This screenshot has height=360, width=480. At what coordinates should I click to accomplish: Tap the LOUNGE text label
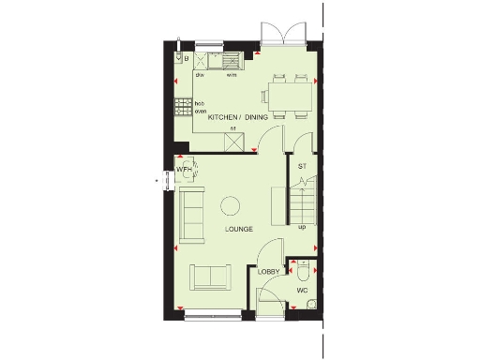239,229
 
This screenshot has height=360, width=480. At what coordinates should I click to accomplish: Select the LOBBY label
269,272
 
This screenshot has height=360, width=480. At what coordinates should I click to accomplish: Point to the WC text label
302,291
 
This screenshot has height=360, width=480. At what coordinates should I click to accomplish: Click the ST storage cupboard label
302,166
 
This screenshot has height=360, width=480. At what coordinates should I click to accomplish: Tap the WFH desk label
185,170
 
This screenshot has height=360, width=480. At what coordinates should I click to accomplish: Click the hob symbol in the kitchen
182,105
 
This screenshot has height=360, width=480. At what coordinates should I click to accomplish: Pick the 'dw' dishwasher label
200,75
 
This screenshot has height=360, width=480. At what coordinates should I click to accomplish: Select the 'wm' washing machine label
230,75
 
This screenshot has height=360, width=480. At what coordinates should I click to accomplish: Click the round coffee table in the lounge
230,205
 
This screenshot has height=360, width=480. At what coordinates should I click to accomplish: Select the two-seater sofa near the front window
212,277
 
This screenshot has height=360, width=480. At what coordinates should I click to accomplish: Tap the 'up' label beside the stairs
302,227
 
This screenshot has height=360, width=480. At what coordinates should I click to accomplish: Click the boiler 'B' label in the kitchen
187,59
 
